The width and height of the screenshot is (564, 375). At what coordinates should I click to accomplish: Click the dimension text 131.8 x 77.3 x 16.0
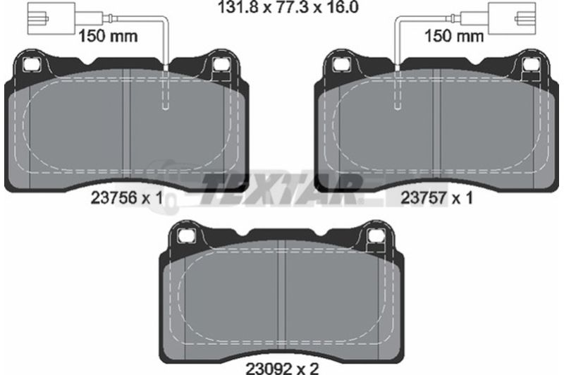288,7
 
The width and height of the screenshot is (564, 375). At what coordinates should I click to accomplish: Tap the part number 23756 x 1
127,198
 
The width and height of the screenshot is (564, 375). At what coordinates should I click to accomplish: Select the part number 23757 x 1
436,198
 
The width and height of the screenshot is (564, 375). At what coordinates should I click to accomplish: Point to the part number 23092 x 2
282,368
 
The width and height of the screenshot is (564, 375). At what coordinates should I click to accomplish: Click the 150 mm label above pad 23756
108,36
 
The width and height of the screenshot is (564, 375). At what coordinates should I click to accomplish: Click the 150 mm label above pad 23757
454,36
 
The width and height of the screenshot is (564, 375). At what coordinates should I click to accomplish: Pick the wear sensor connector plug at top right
513,18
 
